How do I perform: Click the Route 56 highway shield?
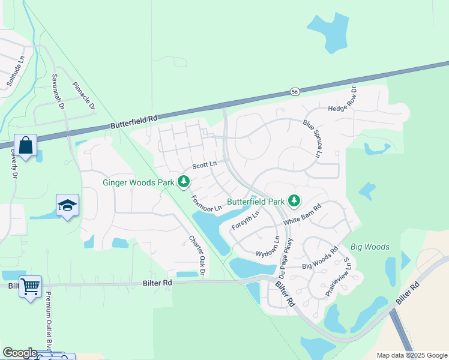pos(294,91)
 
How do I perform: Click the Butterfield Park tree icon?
pos(294,200)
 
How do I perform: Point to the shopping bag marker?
pos(26,145)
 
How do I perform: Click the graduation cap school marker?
pos(68,205)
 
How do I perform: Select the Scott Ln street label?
pos(204,166)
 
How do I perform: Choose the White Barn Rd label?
pos(303,213)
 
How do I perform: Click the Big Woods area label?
pos(370,247)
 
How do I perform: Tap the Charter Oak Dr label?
pos(197,255)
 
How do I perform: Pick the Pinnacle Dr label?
pos(83,97)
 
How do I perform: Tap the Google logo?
pos(19,353)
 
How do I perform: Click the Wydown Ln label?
pos(268,247)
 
